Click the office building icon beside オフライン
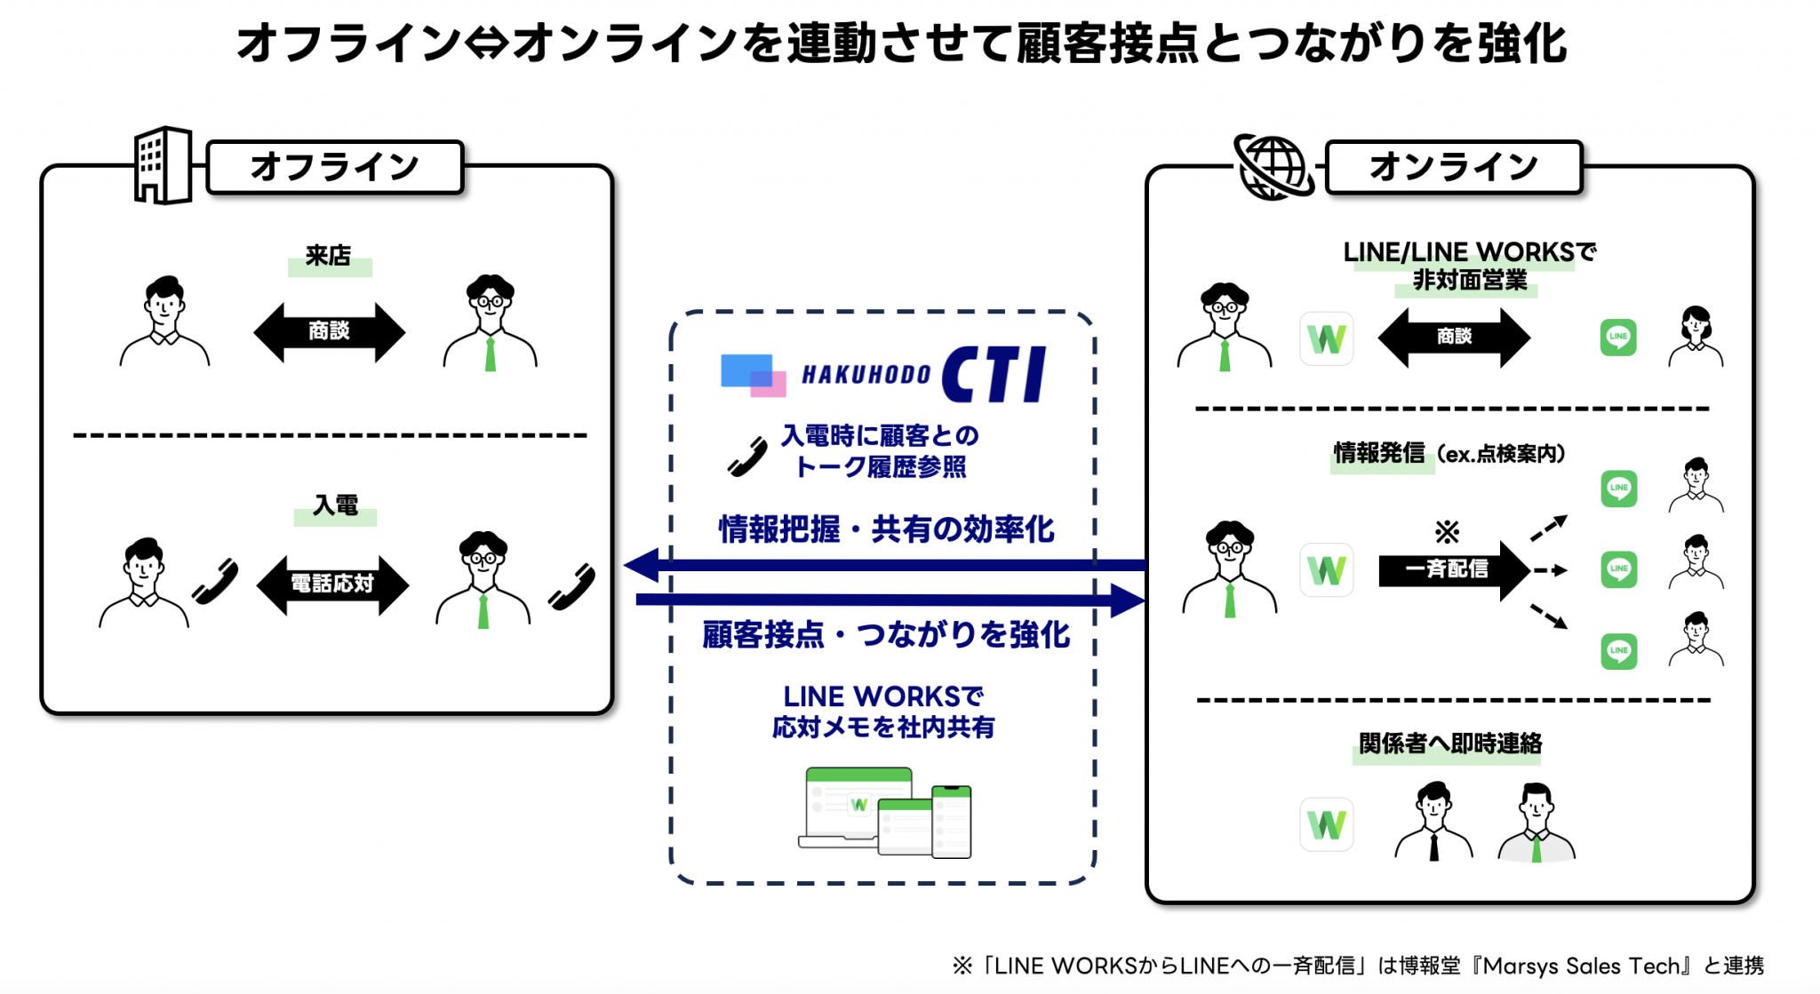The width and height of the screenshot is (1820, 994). [x=163, y=165]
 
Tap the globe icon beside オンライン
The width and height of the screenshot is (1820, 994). [x=1273, y=166]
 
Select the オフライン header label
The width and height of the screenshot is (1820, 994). [x=335, y=167]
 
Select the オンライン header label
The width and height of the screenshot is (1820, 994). [x=1454, y=167]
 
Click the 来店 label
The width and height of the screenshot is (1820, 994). [x=329, y=256]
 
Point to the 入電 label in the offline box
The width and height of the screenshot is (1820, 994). [x=335, y=505]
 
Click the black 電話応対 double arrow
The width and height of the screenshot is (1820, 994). [x=332, y=584]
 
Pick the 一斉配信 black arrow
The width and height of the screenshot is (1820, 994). [x=1453, y=569]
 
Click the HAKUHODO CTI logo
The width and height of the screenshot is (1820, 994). [x=883, y=374]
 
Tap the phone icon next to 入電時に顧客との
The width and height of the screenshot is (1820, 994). [x=747, y=457]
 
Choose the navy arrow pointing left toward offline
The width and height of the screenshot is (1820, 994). [x=884, y=565]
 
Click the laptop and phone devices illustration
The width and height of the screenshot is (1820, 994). [x=885, y=812]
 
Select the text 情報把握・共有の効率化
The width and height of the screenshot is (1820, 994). [x=886, y=529]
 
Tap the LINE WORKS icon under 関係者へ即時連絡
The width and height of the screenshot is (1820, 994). [x=1326, y=824]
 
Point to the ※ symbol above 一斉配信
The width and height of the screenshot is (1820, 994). [x=1447, y=532]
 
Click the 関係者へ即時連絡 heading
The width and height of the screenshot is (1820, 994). [x=1449, y=744]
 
